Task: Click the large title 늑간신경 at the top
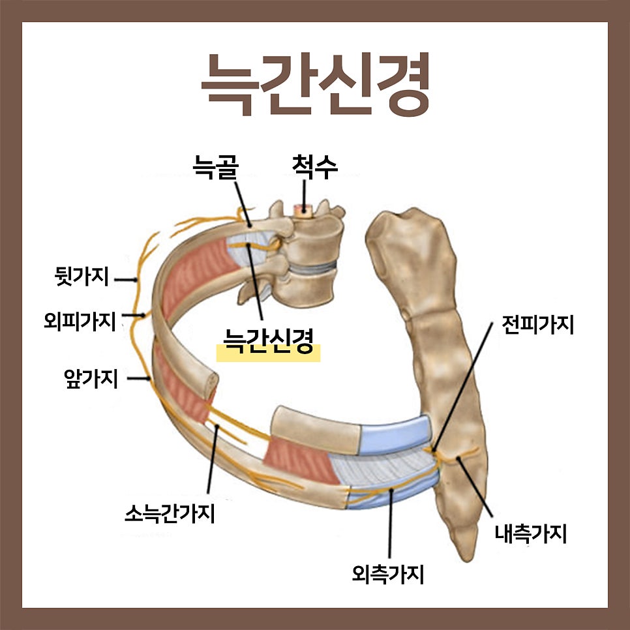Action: (316, 84)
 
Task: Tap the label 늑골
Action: (215, 166)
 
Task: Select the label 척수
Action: (314, 166)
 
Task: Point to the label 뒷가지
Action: (82, 277)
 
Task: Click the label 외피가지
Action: (80, 321)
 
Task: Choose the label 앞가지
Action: (91, 378)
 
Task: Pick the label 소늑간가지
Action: (170, 513)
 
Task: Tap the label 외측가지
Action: (388, 574)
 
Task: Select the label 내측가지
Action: (530, 533)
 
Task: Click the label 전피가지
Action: (537, 324)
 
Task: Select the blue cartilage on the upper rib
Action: (396, 435)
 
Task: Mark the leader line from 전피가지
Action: (462, 388)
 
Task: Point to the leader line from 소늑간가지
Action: (213, 459)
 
